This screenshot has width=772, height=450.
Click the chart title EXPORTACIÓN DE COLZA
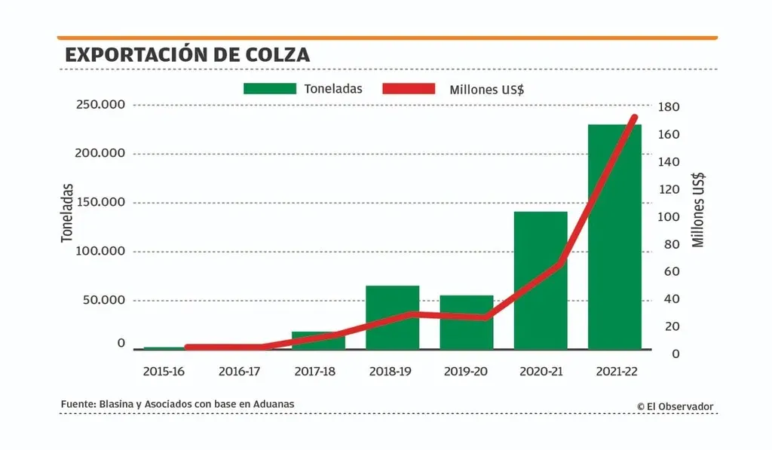[187, 55]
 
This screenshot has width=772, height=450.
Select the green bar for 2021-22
[614, 237]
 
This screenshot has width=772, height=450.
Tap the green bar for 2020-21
[541, 280]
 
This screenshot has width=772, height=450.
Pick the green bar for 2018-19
[392, 317]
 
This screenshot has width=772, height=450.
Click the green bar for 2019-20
[466, 322]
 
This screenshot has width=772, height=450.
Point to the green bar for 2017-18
[318, 340]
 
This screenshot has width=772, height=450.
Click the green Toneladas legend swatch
[269, 89]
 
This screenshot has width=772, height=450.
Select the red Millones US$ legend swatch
[409, 89]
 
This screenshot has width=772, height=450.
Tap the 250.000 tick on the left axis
[100, 104]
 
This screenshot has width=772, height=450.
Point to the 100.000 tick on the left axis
[100, 251]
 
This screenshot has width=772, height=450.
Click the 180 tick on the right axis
[669, 107]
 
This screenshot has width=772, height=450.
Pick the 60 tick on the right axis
[669, 271]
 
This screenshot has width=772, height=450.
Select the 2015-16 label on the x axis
[164, 371]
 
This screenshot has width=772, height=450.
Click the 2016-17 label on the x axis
[239, 371]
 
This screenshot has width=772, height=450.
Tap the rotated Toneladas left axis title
[68, 213]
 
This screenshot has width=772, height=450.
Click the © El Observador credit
[675, 406]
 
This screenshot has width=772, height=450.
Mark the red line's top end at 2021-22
[634, 118]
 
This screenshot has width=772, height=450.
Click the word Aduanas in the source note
[274, 405]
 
